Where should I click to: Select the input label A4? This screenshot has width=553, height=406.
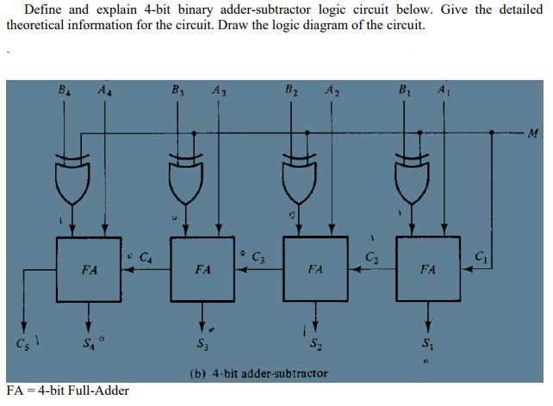pos(104,88)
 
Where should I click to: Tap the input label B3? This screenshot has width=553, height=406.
pos(177,88)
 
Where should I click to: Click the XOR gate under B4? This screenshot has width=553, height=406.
pos(72,179)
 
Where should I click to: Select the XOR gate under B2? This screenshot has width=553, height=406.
pos(299,179)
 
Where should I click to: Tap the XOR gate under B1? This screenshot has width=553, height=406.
pos(413,179)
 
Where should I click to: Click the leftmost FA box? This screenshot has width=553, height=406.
pos(89,269)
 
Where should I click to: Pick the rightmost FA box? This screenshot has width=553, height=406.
pos(428,269)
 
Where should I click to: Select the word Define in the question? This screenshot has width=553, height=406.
pos(44,9)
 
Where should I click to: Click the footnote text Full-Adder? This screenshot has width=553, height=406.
pos(96,391)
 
